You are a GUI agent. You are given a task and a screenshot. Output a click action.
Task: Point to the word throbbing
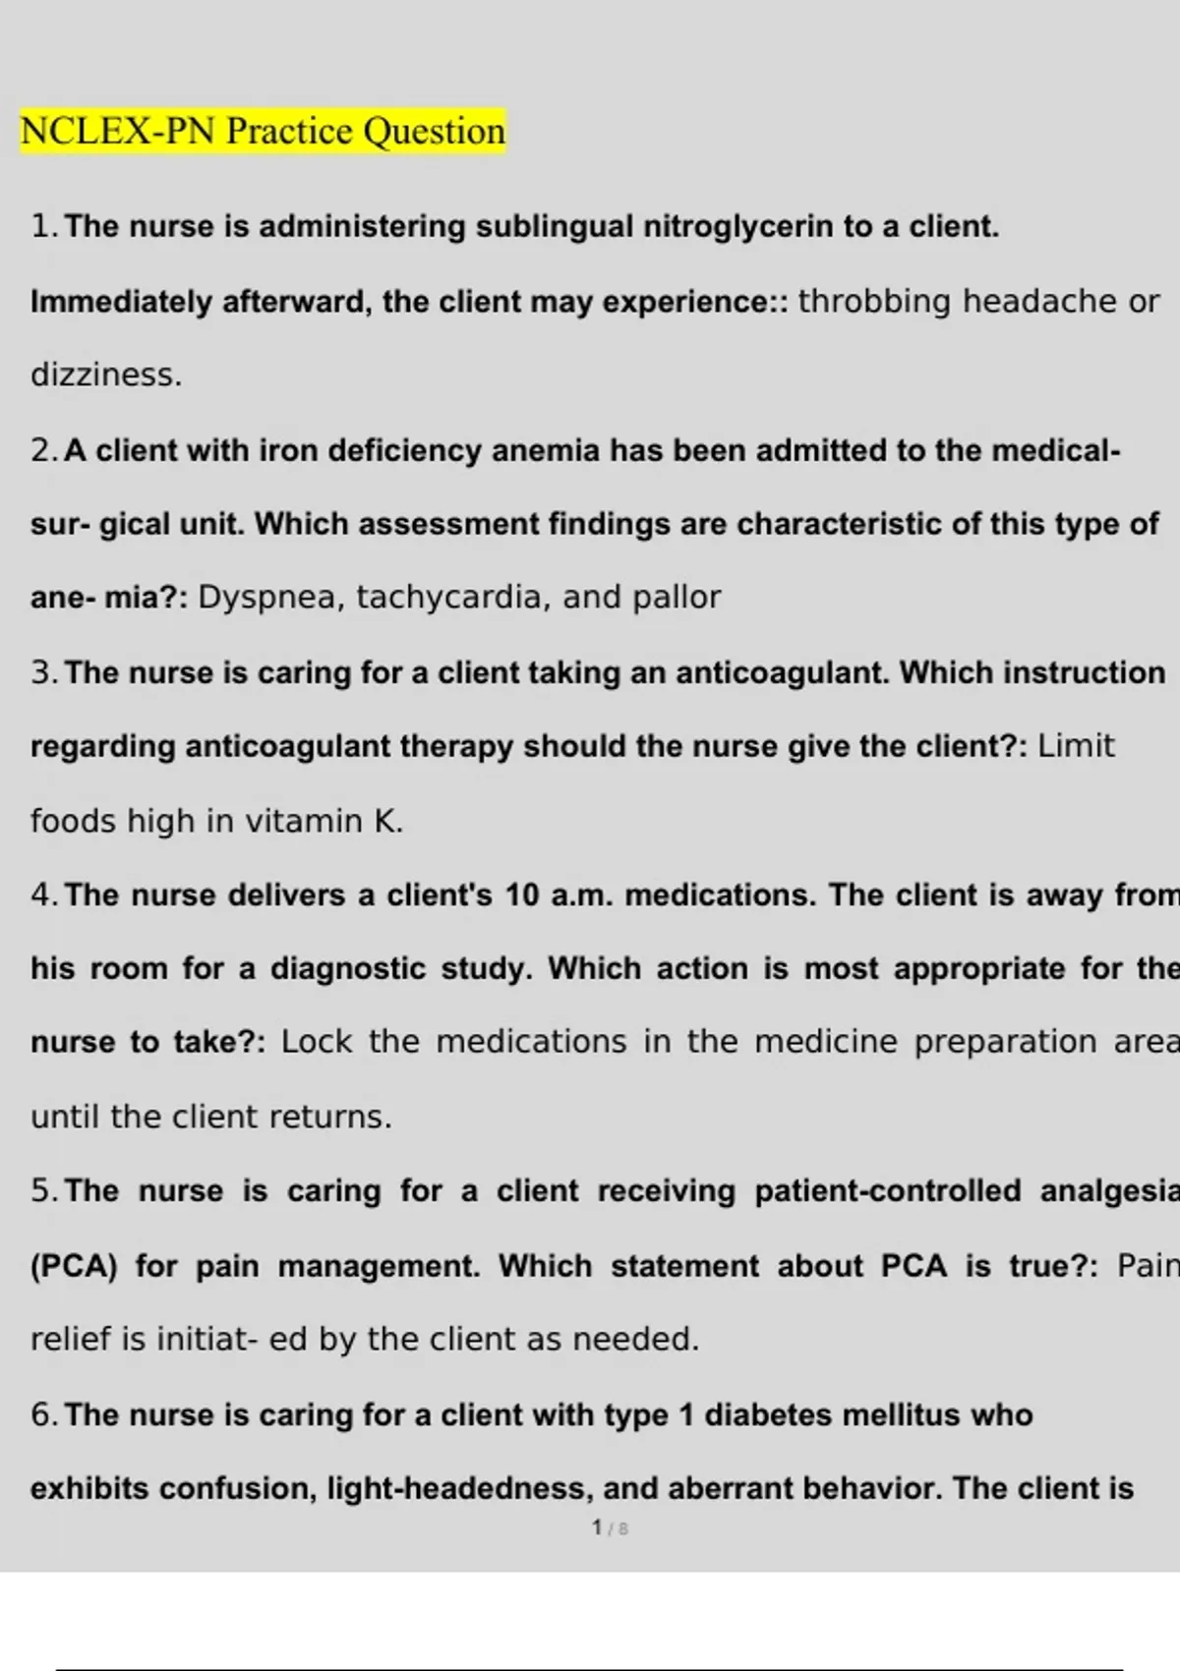click(874, 302)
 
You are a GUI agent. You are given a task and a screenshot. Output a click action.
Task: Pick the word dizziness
click(106, 375)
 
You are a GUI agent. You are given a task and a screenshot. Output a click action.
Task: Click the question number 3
click(41, 673)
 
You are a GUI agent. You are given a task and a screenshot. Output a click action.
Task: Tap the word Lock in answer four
click(317, 1042)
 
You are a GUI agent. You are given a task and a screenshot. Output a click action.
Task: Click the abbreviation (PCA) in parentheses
click(74, 1266)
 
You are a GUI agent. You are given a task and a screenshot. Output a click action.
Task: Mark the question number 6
click(41, 1415)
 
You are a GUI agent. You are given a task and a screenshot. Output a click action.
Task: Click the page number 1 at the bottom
click(597, 1527)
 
